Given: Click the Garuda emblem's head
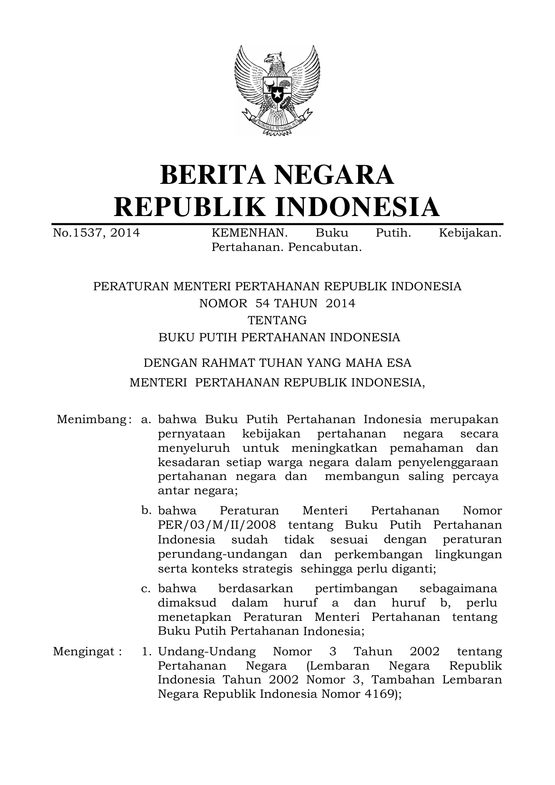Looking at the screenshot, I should pos(274,59).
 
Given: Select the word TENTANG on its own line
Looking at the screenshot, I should pos(277,320).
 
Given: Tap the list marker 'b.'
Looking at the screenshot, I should pos(145,510).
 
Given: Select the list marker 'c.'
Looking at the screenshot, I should pos(145,588).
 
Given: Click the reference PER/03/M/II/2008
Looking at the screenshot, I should pos(217,525).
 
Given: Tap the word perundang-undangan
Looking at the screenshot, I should pos(222,554).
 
